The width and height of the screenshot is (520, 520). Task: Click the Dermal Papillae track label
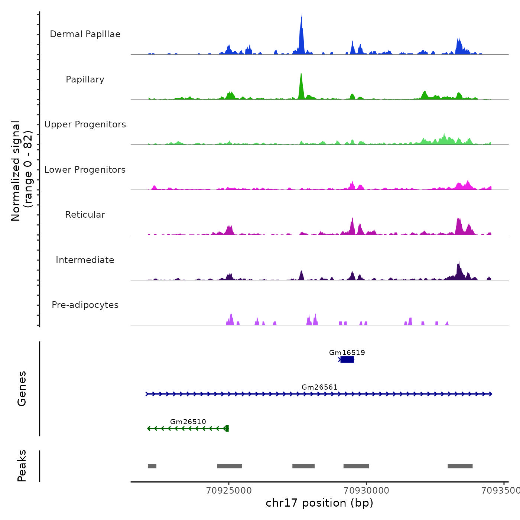tap(85, 34)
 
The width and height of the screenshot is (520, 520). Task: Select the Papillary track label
tap(85, 79)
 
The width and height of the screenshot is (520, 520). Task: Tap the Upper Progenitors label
tap(85, 124)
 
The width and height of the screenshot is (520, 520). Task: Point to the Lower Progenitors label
tap(85, 170)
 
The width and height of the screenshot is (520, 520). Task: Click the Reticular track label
tap(85, 215)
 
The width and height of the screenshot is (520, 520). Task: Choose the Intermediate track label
tap(85, 260)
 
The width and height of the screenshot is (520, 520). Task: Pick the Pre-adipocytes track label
tap(85, 305)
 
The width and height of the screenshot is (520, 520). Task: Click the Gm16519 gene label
tap(347, 352)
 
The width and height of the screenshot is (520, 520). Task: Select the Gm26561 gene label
tap(319, 387)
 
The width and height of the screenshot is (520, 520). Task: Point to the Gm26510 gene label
tap(188, 422)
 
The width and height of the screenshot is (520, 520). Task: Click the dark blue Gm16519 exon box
tap(347, 360)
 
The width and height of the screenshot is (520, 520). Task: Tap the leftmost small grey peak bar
tap(152, 466)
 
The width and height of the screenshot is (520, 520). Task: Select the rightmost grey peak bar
tap(460, 466)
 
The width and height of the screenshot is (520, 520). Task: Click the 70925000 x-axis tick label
tap(229, 491)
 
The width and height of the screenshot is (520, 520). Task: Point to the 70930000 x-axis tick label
tap(366, 491)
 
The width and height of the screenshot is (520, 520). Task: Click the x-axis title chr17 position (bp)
tap(319, 503)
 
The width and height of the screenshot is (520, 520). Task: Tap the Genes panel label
tap(22, 389)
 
